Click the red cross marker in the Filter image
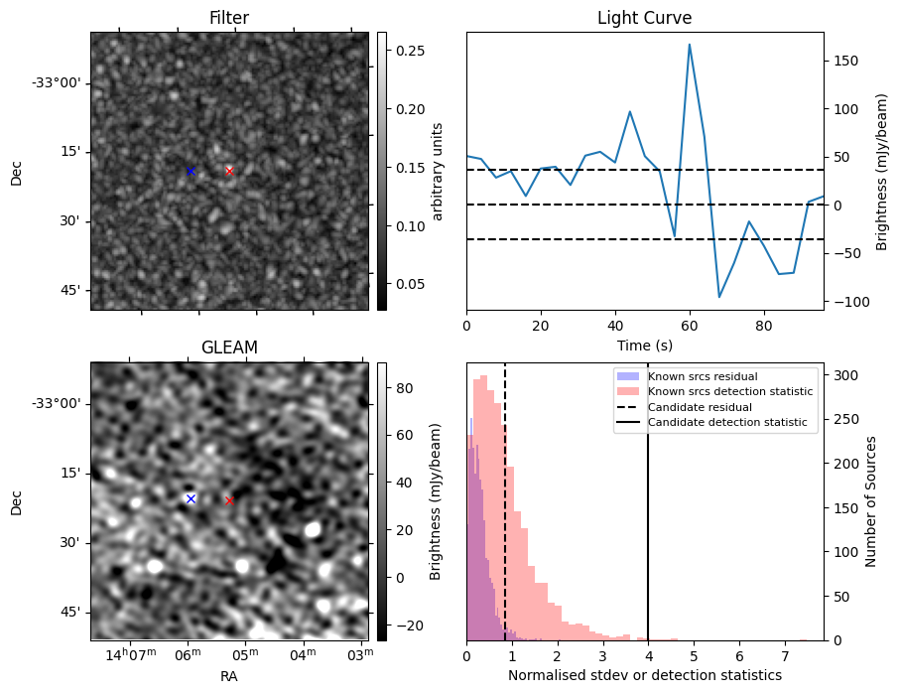tap(229, 171)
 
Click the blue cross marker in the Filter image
tap(191, 171)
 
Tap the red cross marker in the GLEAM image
tap(229, 500)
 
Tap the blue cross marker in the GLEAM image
tap(191, 498)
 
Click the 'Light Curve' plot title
tap(644, 18)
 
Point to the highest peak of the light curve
tap(689, 45)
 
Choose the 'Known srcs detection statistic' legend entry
tap(729, 392)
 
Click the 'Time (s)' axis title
tap(644, 345)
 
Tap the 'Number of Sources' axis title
tap(871, 501)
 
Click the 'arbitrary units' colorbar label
tap(439, 171)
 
